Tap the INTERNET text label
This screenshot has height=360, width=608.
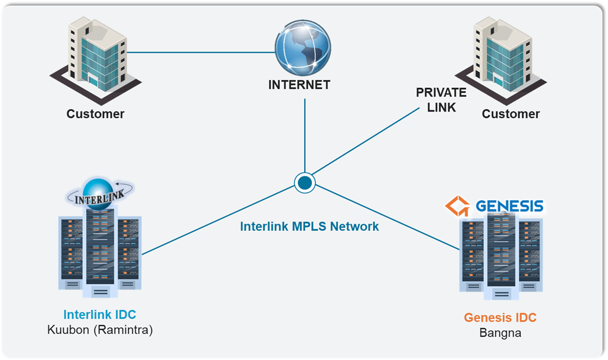pyautogui.click(x=299, y=85)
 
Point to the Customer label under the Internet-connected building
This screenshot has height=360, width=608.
pyautogui.click(x=95, y=114)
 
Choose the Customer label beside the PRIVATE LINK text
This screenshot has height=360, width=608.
pyautogui.click(x=511, y=114)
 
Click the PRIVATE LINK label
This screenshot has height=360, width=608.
pyautogui.click(x=441, y=100)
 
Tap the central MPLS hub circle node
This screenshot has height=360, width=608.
pyautogui.click(x=304, y=182)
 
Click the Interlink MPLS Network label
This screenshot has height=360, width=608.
pyautogui.click(x=309, y=227)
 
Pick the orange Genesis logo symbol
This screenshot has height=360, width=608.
pyautogui.click(x=457, y=206)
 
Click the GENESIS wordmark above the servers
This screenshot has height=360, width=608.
pyautogui.click(x=509, y=206)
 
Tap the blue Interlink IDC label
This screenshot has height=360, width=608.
pyautogui.click(x=100, y=315)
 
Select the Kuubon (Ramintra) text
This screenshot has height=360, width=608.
pyautogui.click(x=100, y=330)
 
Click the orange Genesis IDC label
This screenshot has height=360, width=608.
pyautogui.click(x=500, y=318)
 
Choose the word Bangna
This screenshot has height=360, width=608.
pyautogui.click(x=500, y=333)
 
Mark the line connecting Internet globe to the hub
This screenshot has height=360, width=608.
pyautogui.click(x=304, y=133)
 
